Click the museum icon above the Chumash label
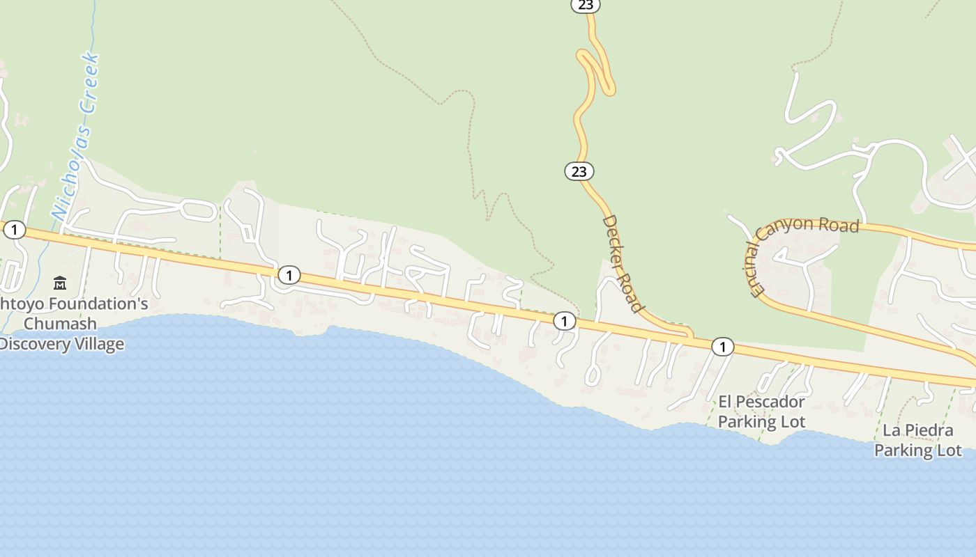[x=60, y=283]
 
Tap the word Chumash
[x=60, y=324]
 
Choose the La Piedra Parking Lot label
[x=917, y=440]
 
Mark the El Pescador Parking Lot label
[x=761, y=411]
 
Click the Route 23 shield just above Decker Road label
[x=579, y=171]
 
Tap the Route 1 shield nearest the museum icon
[x=14, y=230]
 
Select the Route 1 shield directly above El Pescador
[x=723, y=346]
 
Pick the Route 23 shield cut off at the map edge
[x=586, y=5]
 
